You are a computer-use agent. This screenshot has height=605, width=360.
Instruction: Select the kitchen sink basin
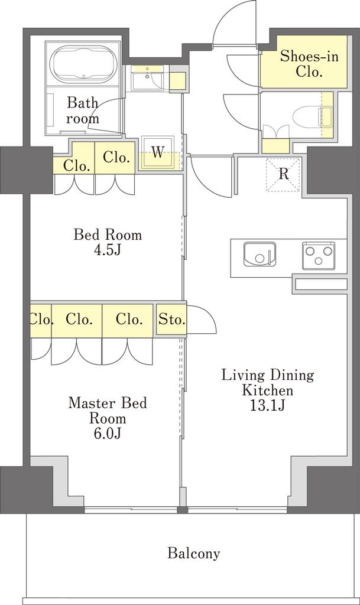pos(260,254)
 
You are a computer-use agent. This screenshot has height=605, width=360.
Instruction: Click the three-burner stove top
pos(319,255)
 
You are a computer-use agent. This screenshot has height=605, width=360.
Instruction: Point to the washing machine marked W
pos(157,153)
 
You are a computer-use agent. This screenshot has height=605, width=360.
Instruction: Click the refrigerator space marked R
pos(283,174)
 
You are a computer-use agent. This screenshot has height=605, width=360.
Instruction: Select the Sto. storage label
pos(172,320)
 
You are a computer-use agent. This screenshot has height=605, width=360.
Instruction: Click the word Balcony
pos(194,553)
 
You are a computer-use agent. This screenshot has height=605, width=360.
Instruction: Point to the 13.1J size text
pos(267,405)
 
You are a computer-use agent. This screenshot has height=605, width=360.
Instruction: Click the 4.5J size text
pos(107,251)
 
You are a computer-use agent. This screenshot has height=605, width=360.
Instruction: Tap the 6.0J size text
pos(108,434)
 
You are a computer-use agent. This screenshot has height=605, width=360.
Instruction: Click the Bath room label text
pos(83,110)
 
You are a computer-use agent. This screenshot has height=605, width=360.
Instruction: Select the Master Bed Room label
pos(108,411)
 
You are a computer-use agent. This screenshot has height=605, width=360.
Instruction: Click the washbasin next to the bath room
pos(147,79)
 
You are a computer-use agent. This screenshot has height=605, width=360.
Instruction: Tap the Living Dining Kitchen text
pos(267,382)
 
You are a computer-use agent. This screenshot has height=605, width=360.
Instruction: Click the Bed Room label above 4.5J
pos(108,235)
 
